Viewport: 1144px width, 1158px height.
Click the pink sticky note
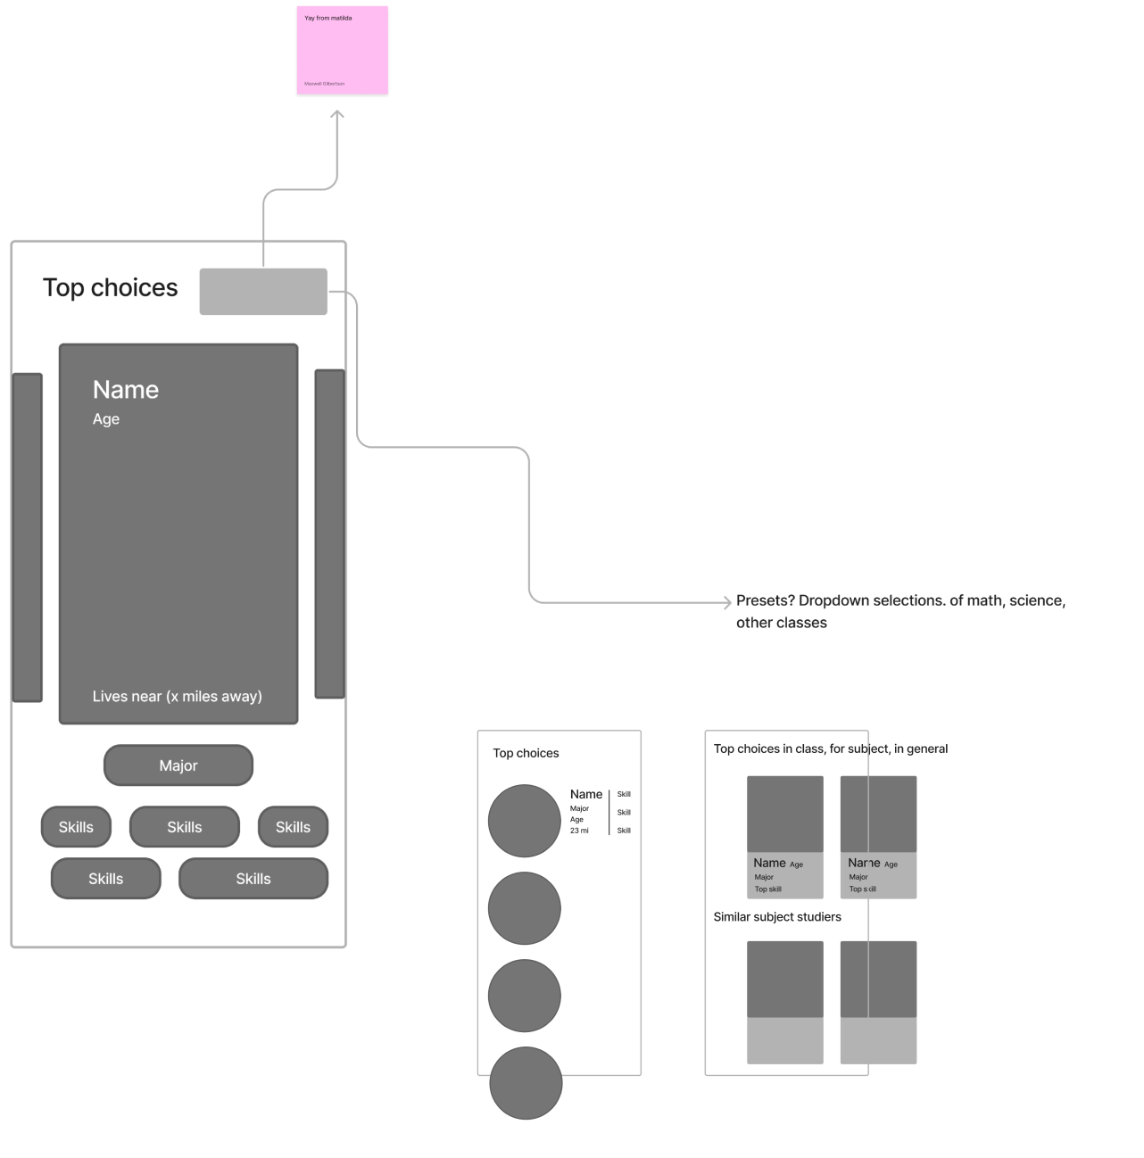(x=343, y=50)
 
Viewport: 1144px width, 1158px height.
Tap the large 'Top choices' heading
(x=111, y=287)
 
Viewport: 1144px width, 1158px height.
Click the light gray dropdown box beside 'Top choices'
(x=263, y=292)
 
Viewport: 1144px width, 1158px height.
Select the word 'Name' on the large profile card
(x=126, y=390)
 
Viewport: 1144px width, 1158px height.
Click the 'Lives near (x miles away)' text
(x=178, y=696)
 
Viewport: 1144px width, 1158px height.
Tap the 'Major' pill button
(x=178, y=765)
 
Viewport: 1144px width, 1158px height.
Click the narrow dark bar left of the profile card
(x=27, y=537)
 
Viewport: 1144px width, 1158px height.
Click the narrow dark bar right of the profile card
(x=329, y=534)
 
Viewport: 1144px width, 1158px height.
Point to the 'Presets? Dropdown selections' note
(x=900, y=611)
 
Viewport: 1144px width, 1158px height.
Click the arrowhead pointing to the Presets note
(x=727, y=603)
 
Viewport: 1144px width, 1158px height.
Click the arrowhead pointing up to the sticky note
(x=337, y=115)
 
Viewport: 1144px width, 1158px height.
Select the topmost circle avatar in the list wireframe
(x=525, y=821)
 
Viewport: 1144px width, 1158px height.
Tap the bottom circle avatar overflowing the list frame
(x=526, y=1083)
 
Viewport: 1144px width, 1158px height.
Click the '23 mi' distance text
(x=579, y=831)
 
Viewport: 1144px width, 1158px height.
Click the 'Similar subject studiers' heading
(x=777, y=916)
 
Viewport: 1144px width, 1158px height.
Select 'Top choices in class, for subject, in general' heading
(x=831, y=749)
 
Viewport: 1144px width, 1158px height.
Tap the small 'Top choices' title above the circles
(x=526, y=753)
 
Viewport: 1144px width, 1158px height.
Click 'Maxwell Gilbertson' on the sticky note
(x=324, y=84)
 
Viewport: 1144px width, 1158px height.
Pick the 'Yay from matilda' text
(x=328, y=18)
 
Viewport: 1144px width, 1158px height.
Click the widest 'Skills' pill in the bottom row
(x=253, y=879)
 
